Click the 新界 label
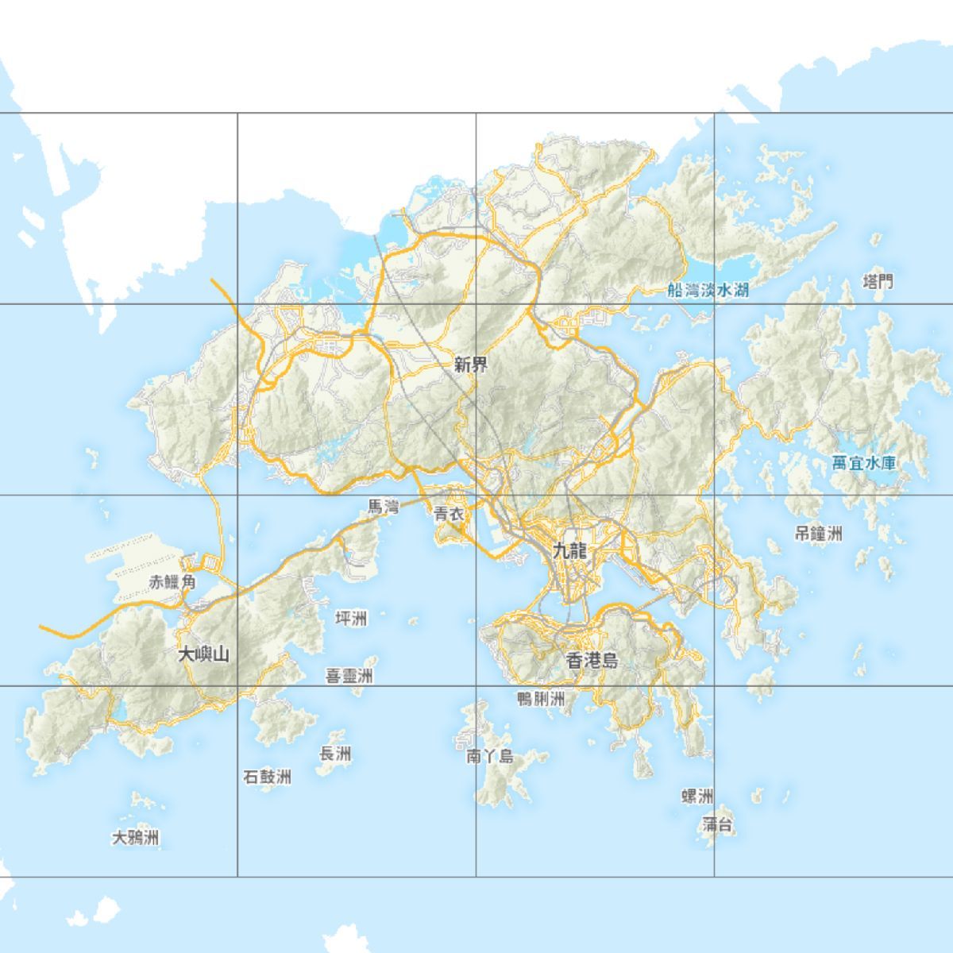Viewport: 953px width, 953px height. tap(471, 365)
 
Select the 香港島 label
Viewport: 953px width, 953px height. tap(592, 660)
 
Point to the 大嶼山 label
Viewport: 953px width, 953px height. tap(203, 654)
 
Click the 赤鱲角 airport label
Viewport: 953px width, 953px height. tap(172, 582)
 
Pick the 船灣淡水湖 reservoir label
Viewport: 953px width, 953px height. tap(708, 290)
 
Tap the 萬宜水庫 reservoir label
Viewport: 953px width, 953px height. tap(864, 463)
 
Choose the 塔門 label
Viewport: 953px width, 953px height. tap(878, 281)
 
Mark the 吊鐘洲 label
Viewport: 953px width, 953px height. tap(818, 534)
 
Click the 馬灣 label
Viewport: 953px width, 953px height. tap(383, 506)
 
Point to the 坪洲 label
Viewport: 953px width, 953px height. tap(351, 618)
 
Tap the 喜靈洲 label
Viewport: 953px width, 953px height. tap(349, 677)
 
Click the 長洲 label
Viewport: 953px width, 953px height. tap(335, 754)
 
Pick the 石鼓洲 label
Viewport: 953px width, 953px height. tap(267, 777)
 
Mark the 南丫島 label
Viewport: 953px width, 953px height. tap(489, 757)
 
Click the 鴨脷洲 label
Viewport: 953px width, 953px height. tap(541, 699)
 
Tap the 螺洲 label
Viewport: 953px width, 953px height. tap(697, 797)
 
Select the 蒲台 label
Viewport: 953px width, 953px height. tap(717, 825)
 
